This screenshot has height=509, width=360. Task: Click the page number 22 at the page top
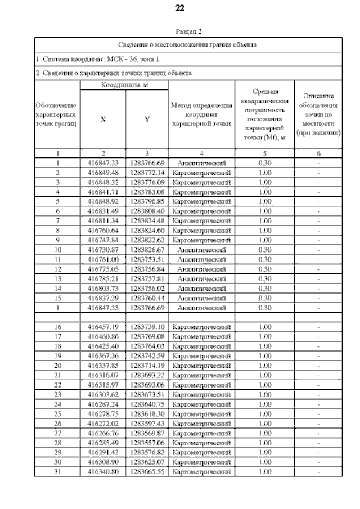click(180, 8)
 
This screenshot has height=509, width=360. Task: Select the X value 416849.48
click(102, 173)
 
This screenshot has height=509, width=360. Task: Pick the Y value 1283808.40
click(147, 209)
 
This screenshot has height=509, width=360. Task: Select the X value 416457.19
click(102, 327)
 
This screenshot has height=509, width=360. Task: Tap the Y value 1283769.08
click(147, 336)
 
